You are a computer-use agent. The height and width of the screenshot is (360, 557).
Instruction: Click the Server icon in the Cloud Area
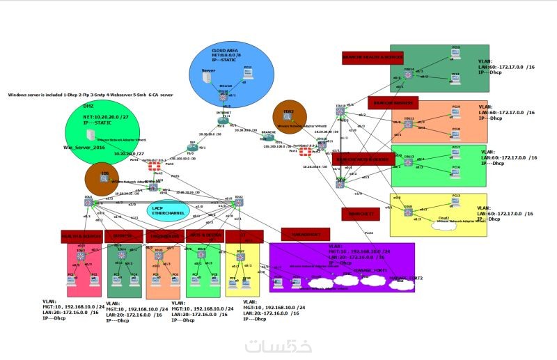point(207,78)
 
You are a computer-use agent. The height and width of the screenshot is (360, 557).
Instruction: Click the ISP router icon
point(193,148)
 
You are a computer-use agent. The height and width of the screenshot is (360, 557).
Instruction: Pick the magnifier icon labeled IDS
point(104,178)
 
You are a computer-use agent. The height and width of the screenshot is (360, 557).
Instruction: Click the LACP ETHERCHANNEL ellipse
point(164,210)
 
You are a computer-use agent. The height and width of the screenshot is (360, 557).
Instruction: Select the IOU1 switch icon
point(88,202)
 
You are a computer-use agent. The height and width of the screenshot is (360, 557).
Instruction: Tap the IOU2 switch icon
point(239,202)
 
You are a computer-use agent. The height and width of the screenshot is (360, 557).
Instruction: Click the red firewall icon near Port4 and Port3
point(152,167)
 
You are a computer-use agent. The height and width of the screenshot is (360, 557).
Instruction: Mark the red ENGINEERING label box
point(164,236)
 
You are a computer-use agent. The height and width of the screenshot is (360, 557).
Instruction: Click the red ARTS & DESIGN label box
point(203,236)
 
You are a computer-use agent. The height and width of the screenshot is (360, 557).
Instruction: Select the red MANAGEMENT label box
point(304,233)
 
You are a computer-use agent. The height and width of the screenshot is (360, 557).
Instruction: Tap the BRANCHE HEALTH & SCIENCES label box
point(372,57)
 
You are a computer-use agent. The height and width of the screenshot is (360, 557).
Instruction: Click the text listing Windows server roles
point(91,93)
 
